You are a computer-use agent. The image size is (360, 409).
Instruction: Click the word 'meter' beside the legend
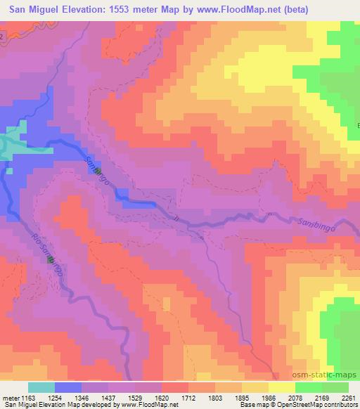point(11,397)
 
